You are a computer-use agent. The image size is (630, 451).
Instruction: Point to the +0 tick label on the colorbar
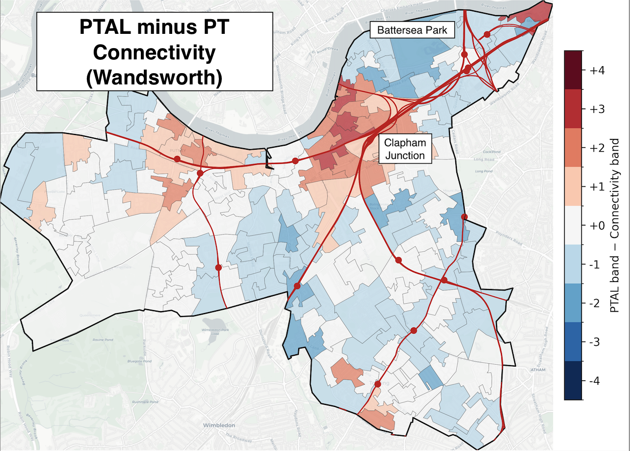tap(597, 226)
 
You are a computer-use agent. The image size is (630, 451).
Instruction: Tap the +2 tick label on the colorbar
tap(597, 148)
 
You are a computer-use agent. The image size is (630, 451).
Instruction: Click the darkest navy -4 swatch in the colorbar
tap(573, 380)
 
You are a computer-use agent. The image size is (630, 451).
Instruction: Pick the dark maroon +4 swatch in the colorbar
tap(573, 69)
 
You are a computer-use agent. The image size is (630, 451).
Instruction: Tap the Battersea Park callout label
tap(412, 30)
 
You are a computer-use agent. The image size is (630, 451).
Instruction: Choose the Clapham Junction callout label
tap(405, 149)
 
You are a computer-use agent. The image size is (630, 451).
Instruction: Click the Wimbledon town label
tap(220, 425)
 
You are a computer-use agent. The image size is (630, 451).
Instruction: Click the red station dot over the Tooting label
tap(377, 385)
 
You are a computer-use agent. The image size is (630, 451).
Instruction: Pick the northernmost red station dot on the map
tap(487, 34)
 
